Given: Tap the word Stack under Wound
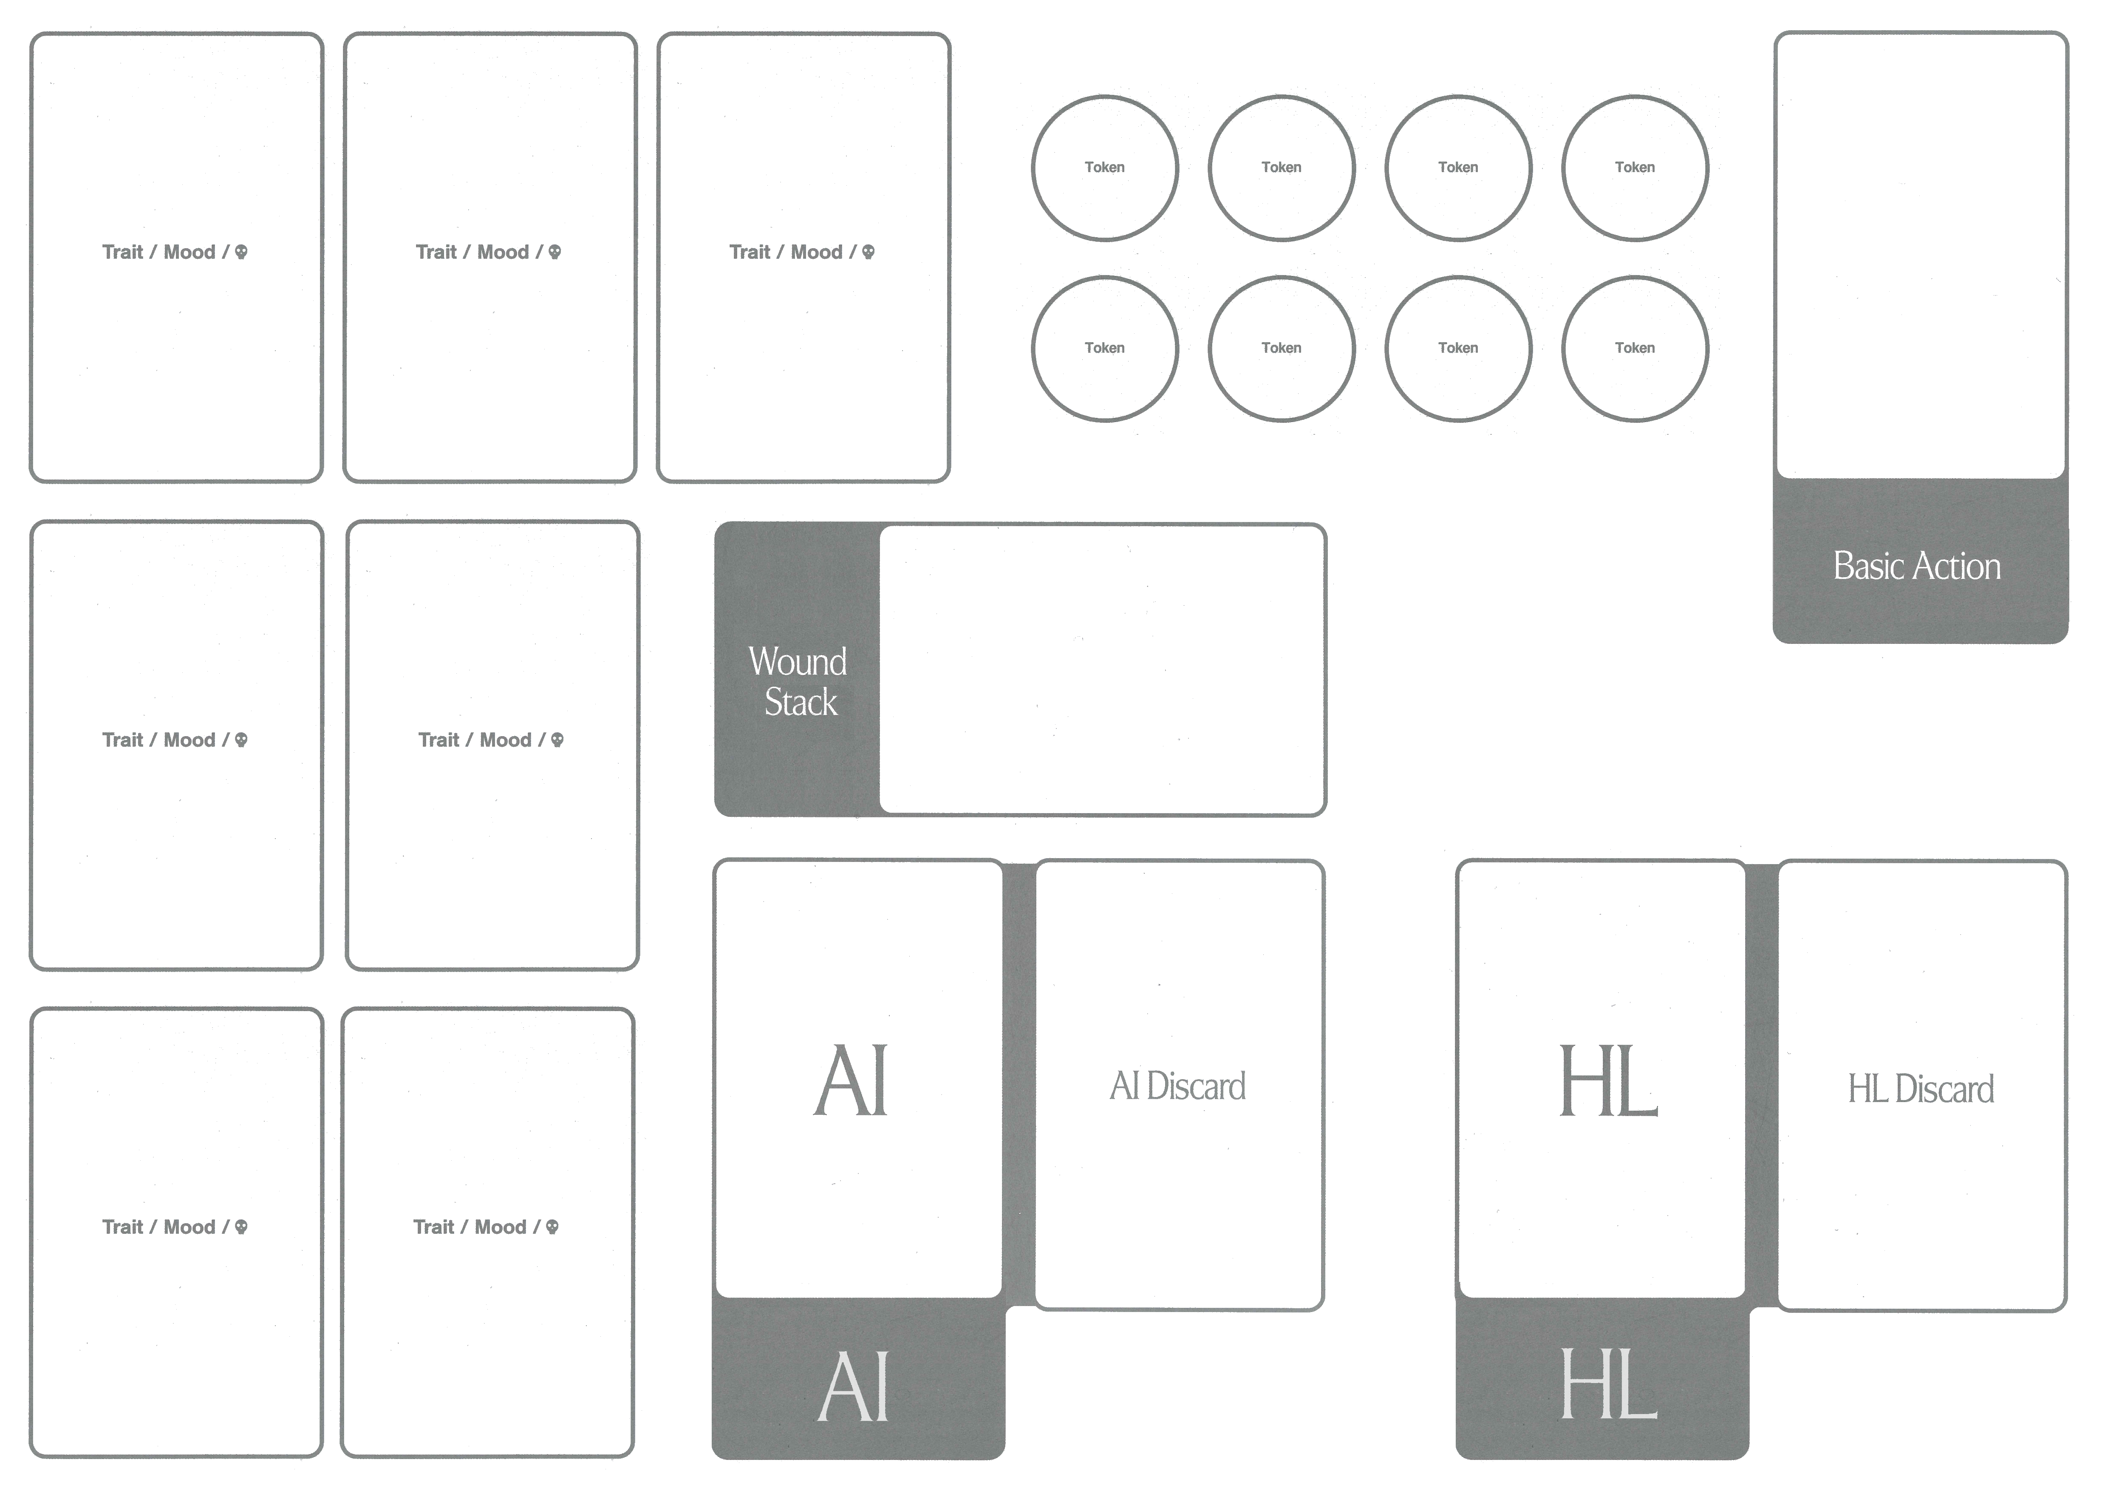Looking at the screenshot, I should [801, 702].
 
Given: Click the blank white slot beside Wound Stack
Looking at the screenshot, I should [1102, 669].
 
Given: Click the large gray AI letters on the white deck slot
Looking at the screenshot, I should [851, 1082].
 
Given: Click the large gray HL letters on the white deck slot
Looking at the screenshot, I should [1609, 1083].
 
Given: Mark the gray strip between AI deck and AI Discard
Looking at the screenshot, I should [1019, 1083].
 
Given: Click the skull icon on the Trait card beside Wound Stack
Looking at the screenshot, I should [557, 740].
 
